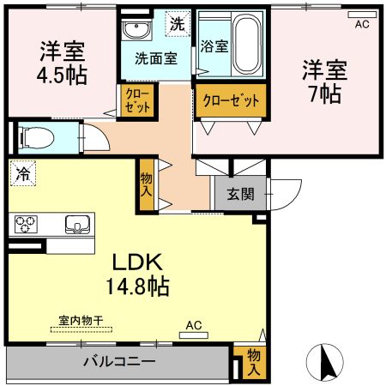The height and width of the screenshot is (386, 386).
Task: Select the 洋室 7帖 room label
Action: pos(324,79)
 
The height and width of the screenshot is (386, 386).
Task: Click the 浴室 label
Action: pos(214,47)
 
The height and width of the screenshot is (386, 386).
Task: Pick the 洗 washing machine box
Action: pos(177,24)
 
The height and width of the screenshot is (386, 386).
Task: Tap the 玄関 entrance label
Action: pos(239,194)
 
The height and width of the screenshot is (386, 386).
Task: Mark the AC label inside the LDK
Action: pos(194,326)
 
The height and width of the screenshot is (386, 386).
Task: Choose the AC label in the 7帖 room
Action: pos(361,24)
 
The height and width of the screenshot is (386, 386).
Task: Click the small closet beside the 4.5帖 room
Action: pos(136,100)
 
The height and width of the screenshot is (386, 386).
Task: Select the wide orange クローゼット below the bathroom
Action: pos(230,100)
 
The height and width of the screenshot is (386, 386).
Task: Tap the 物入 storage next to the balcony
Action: pos(254,361)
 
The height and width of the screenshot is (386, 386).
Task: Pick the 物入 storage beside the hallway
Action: pos(147,184)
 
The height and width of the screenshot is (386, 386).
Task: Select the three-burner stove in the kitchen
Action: pos(26,225)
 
